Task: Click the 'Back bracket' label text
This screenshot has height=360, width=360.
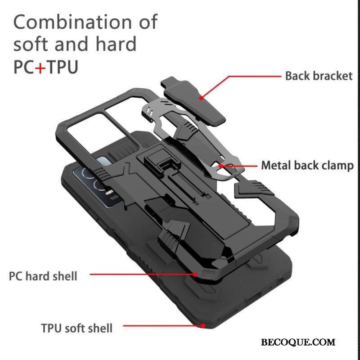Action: [x=319, y=76]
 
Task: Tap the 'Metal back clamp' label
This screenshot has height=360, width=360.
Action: [x=307, y=166]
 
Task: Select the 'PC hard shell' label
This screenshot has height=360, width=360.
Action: [x=43, y=276]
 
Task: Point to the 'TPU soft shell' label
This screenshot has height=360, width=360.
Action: [x=76, y=328]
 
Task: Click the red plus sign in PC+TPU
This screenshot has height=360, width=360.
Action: [x=40, y=67]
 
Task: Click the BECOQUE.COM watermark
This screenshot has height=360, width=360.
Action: [x=298, y=342]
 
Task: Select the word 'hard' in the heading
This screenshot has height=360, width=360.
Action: [x=116, y=43]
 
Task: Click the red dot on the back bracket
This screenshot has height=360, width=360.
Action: [x=201, y=98]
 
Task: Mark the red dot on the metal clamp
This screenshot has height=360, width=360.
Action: [x=221, y=166]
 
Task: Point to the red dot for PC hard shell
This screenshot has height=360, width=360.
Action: [x=195, y=274]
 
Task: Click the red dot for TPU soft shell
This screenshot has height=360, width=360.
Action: [x=203, y=325]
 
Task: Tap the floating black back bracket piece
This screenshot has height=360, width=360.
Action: [x=193, y=101]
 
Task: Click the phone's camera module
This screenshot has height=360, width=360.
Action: [x=96, y=186]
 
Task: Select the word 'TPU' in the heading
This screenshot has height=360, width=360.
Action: [x=62, y=67]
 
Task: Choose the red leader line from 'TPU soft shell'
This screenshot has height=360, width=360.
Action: [x=163, y=325]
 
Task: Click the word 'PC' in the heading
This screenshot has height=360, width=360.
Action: [x=24, y=67]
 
